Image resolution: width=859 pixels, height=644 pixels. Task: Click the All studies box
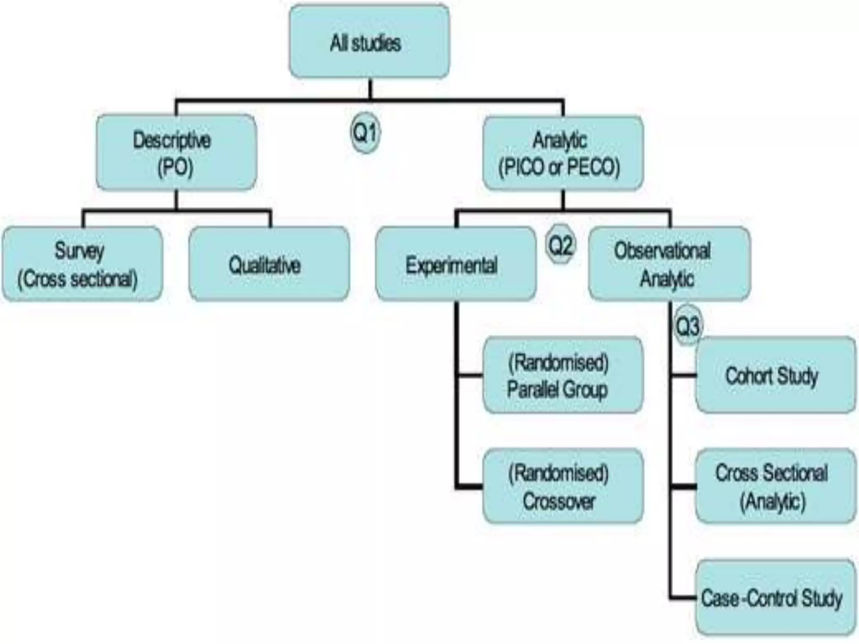(369, 42)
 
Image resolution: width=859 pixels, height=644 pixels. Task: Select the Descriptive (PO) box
(176, 153)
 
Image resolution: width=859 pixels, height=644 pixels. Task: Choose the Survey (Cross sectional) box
(82, 264)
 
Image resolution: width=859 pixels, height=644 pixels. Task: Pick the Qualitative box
(269, 264)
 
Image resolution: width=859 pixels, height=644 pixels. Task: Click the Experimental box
(456, 264)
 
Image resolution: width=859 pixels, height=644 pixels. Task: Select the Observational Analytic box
(669, 264)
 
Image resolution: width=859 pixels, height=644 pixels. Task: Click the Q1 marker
(365, 132)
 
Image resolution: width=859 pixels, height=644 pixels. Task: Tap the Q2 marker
(560, 245)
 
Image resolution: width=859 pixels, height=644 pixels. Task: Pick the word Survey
(79, 251)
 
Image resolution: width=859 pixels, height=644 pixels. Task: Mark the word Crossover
(559, 501)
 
